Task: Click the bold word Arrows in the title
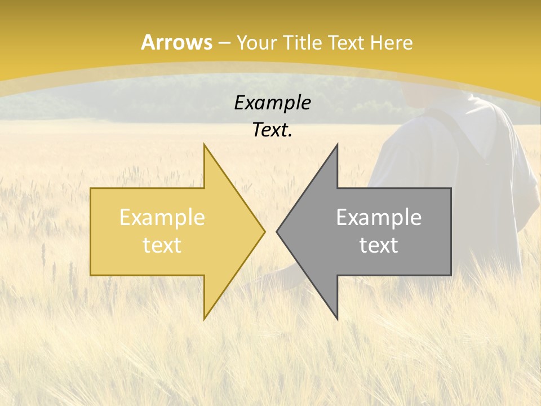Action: [176, 42]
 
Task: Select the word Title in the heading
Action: [305, 42]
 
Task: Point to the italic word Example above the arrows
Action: [272, 103]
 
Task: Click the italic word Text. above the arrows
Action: [272, 130]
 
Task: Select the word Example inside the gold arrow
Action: [162, 217]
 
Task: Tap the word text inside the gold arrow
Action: [162, 245]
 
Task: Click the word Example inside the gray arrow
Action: [379, 217]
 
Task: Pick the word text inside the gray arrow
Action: [379, 245]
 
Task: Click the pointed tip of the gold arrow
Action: [264, 231]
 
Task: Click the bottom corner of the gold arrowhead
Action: [205, 318]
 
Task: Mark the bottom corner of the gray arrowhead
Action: [337, 318]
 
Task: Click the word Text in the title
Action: [344, 42]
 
